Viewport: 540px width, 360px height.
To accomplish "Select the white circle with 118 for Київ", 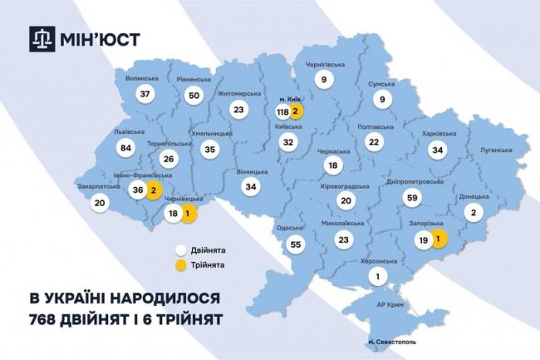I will [282, 111].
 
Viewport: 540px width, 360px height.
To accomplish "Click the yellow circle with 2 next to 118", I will [297, 111].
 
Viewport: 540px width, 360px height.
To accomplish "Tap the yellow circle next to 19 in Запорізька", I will [438, 239].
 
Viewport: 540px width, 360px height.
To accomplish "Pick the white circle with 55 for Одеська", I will [295, 244].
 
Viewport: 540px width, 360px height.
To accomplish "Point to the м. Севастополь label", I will [390, 340].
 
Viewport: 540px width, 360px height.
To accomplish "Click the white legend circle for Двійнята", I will [180, 248].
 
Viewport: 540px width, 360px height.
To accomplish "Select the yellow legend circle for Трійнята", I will [180, 264].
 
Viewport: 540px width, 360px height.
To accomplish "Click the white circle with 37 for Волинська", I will [147, 95].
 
